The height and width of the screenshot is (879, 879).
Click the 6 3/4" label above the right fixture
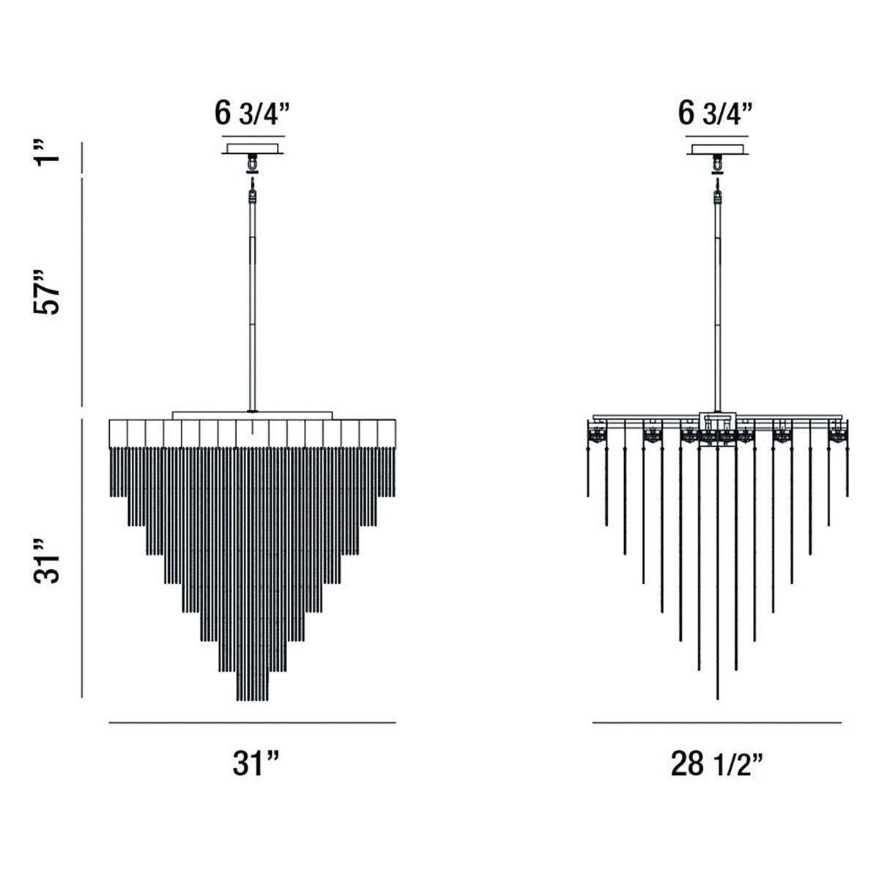(716, 114)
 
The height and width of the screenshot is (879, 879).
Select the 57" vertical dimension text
(49, 292)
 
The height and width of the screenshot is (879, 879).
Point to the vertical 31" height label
(49, 563)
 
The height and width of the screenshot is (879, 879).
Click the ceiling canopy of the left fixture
(253, 149)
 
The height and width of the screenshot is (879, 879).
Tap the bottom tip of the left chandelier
(253, 699)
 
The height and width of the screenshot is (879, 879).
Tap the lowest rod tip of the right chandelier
(717, 697)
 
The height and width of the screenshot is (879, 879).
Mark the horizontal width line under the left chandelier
(252, 722)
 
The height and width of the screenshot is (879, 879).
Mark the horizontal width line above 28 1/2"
(717, 722)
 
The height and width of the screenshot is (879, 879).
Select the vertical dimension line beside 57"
(82, 292)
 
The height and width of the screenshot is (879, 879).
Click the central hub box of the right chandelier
(717, 423)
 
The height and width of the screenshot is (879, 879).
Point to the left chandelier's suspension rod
(253, 308)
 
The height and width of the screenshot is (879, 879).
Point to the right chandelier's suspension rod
(717, 308)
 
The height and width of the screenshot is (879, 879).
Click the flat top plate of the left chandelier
(253, 415)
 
